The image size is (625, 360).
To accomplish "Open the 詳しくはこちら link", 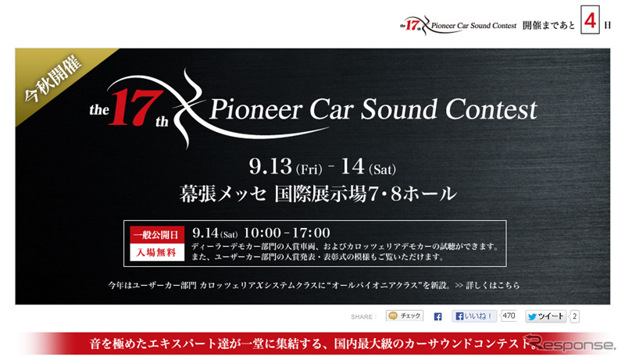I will point(494,285).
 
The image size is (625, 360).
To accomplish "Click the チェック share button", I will point(405,316).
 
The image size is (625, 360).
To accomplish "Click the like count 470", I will point(509,316).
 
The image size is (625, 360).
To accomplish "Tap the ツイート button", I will point(546,316).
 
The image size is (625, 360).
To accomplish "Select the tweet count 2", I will point(575,316).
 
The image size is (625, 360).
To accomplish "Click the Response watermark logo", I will point(567,344).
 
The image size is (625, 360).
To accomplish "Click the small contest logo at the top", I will point(455,25).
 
